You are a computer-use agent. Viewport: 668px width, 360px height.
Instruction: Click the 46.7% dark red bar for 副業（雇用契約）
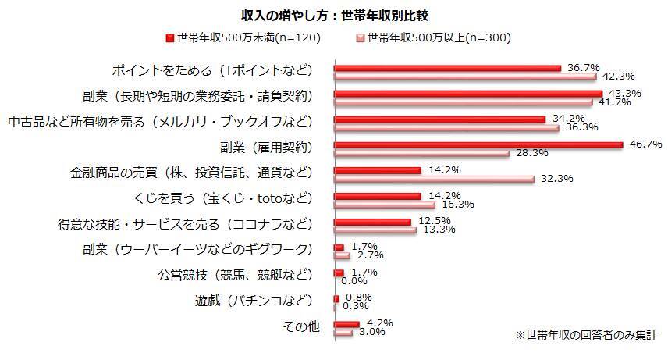[478, 144]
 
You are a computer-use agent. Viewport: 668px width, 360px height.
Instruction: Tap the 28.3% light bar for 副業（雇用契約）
[421, 153]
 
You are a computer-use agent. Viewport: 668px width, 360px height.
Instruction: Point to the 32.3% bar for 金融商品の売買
[434, 179]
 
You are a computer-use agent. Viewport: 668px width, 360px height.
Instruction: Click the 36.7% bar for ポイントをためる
[447, 68]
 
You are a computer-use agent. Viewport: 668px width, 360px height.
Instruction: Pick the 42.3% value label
[618, 77]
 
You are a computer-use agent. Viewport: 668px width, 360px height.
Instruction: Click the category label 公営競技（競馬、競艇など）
[235, 275]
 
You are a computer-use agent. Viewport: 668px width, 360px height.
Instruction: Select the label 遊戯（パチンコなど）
[254, 301]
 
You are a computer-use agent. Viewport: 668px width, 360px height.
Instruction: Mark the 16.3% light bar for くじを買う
[384, 205]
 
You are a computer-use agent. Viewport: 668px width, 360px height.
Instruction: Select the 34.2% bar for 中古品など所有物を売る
[439, 119]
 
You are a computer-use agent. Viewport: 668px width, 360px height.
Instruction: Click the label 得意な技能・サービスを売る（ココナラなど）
[184, 223]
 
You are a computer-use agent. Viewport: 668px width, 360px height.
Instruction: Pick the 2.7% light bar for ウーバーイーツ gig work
[342, 255]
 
